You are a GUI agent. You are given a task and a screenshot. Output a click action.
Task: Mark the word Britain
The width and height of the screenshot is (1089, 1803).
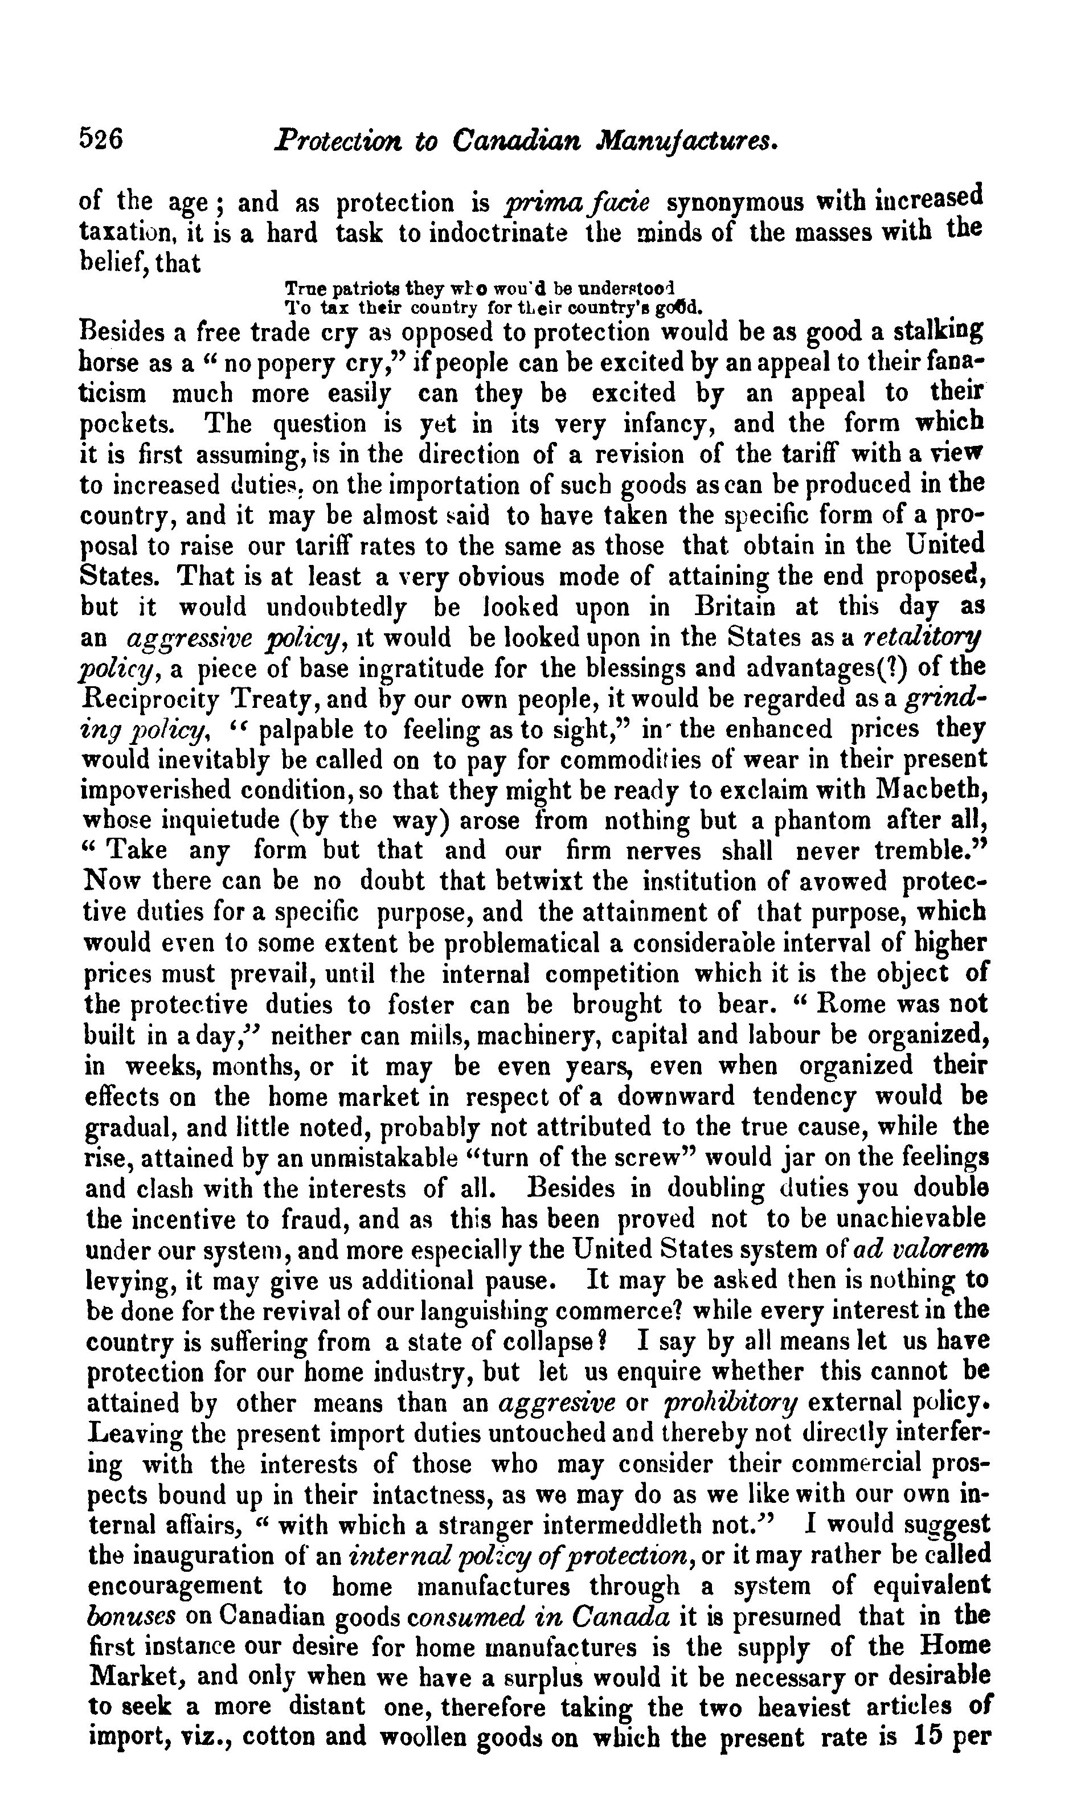pos(739,607)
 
